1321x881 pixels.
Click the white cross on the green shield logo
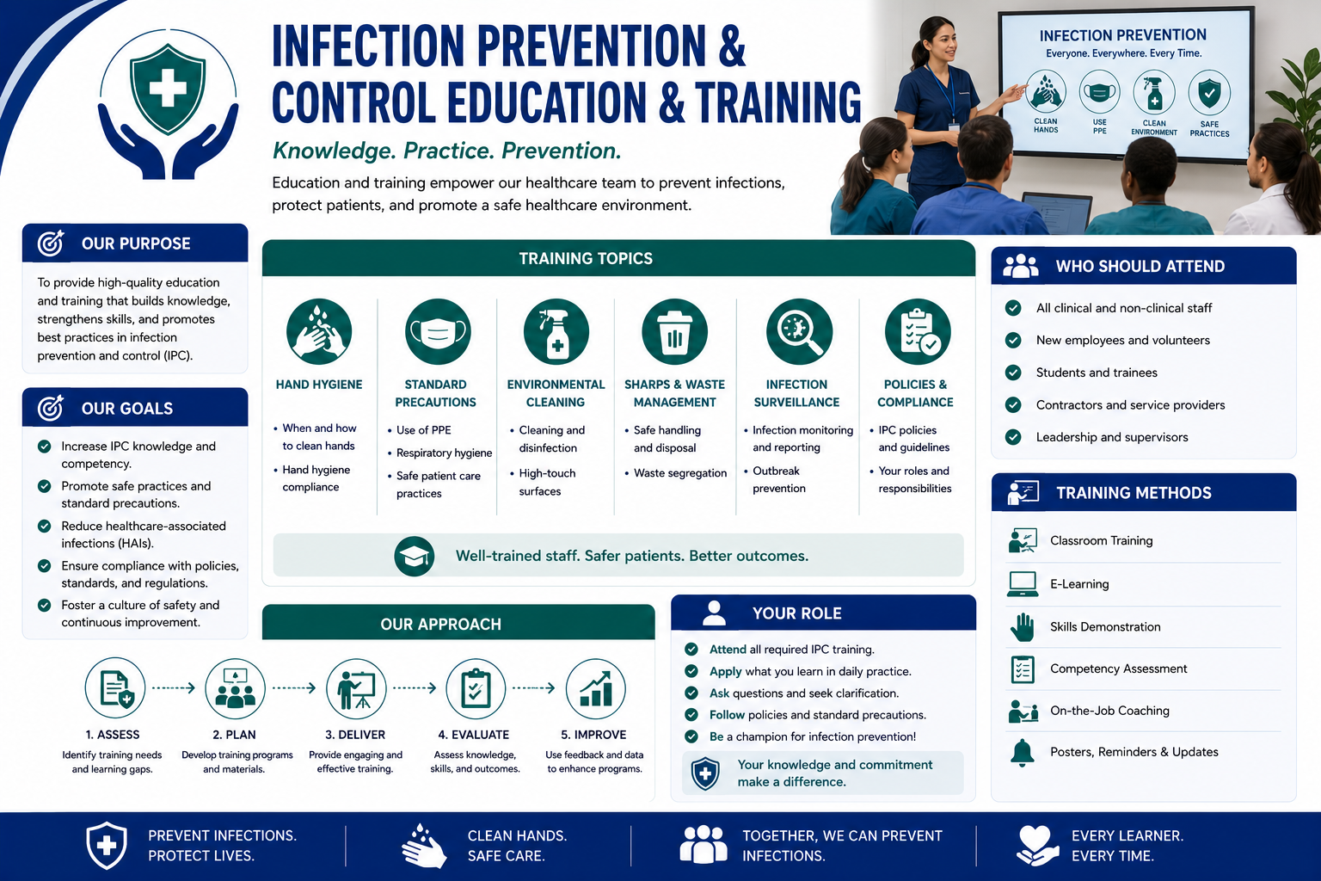point(168,89)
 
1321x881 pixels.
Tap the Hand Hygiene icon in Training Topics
point(319,331)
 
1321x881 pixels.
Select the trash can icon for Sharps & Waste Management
point(674,331)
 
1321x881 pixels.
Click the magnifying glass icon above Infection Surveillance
point(799,331)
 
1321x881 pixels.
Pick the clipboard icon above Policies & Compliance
point(918,331)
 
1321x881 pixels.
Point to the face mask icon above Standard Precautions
point(438,331)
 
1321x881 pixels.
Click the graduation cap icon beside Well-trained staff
point(414,556)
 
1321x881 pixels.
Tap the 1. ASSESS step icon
point(115,688)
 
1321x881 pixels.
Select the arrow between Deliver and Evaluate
point(415,688)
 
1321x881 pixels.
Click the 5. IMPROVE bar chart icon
point(596,688)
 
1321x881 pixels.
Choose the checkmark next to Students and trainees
point(1013,373)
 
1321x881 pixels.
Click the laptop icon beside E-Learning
point(1023,584)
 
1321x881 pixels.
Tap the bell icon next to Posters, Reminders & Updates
point(1023,752)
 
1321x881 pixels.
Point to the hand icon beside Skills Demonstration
point(1023,626)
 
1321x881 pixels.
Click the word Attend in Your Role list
point(728,649)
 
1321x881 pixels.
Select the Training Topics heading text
point(586,258)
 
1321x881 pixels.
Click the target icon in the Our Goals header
point(51,407)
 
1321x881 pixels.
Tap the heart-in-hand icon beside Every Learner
point(1037,846)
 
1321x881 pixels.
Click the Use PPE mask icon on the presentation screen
point(1100,92)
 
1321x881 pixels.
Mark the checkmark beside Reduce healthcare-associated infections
point(44,526)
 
